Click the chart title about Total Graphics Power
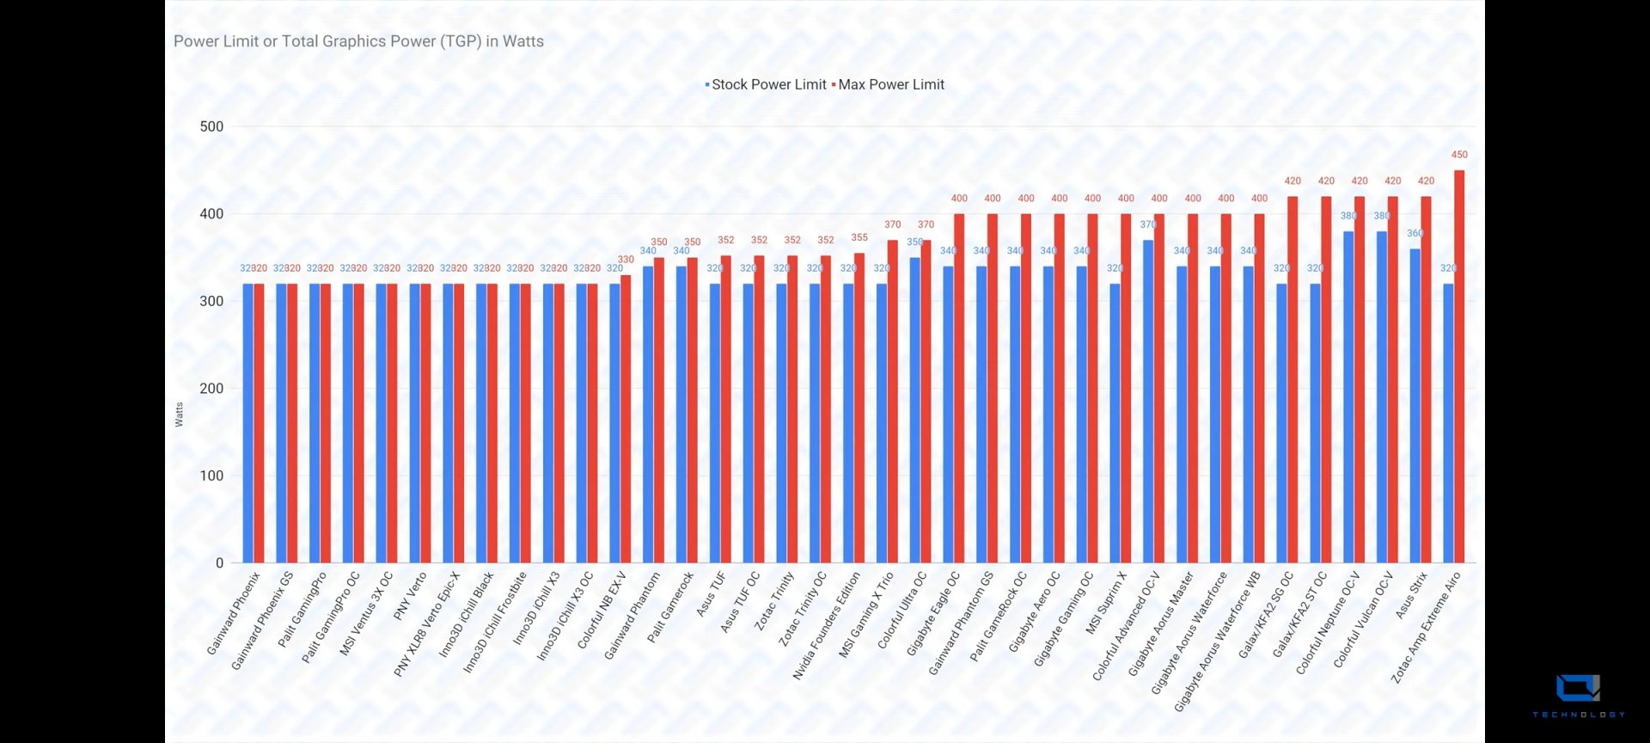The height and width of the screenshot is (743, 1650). pos(358,41)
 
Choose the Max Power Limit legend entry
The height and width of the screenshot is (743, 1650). pos(890,84)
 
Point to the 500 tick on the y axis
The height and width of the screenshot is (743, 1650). pos(211,126)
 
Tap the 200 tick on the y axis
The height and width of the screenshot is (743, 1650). pos(211,388)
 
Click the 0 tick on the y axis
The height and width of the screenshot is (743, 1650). pos(219,562)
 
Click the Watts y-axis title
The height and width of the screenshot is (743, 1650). pos(179,414)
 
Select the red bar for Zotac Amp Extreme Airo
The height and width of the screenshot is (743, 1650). pos(1459,370)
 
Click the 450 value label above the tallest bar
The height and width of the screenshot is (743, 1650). pos(1459,155)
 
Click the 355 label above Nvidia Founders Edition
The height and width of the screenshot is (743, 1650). pos(859,237)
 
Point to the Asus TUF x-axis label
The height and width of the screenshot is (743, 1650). pos(712,593)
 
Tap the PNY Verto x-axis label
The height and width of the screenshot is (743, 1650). pos(410,596)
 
